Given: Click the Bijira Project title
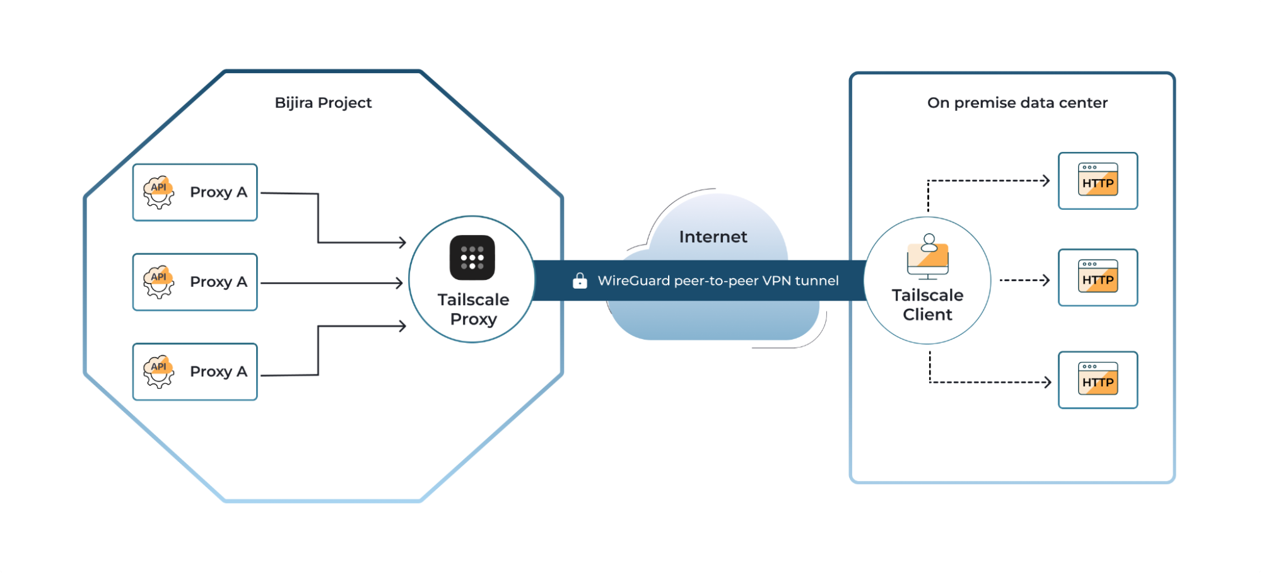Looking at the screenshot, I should click(323, 103).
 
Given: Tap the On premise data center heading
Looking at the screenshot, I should click(1017, 103).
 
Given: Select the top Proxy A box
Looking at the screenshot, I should click(195, 192).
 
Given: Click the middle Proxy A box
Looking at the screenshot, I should click(195, 282).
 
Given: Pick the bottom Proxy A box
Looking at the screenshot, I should click(195, 372).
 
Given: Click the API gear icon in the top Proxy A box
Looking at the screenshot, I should click(158, 192).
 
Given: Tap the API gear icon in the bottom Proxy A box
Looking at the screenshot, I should click(158, 371).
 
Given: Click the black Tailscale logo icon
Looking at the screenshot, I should click(472, 257).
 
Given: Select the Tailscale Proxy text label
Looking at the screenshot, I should click(473, 309).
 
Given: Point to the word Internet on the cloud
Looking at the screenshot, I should click(713, 237).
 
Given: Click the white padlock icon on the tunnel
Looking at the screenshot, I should click(580, 281).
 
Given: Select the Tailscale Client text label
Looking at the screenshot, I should click(927, 305).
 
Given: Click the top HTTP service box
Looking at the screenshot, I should click(1098, 181).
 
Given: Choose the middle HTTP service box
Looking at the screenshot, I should click(1098, 277).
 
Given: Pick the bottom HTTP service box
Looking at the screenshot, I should click(1098, 380).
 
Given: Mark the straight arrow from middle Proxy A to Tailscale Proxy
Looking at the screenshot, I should click(331, 283).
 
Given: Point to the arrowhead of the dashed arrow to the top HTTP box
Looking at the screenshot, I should click(1046, 181).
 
